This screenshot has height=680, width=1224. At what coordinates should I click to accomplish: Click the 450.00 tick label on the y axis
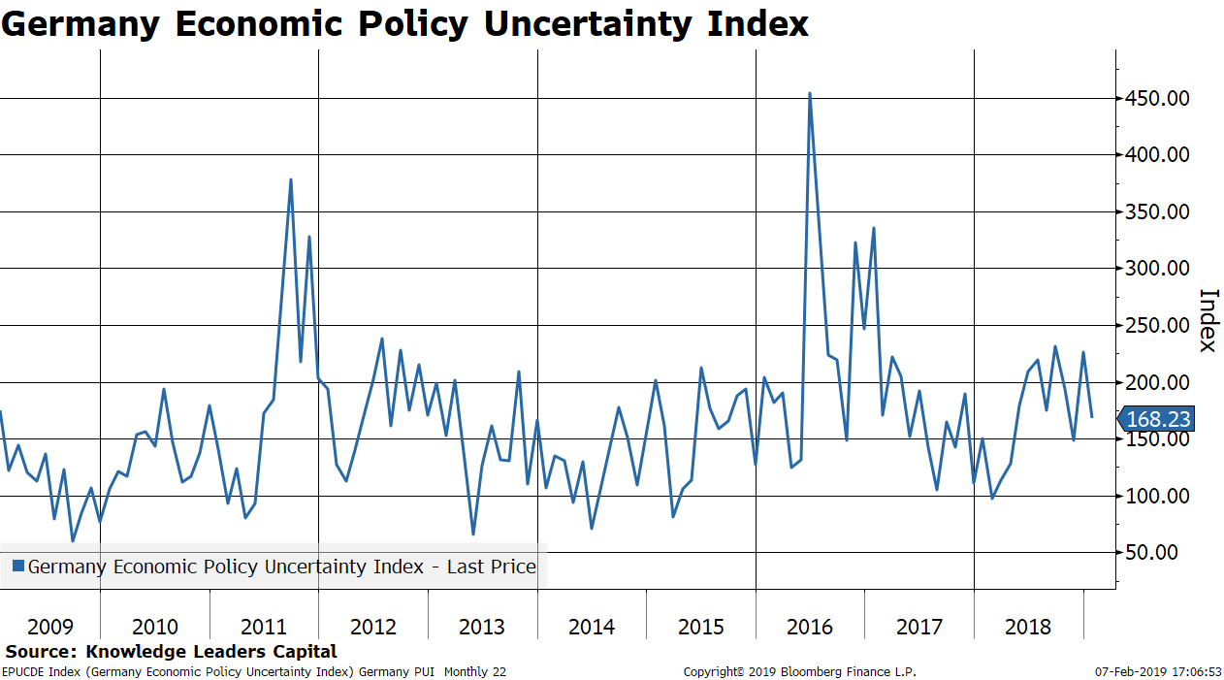click(1156, 98)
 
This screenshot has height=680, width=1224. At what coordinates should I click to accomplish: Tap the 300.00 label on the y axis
click(1156, 269)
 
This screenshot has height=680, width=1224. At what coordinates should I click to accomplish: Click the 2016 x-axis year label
click(810, 627)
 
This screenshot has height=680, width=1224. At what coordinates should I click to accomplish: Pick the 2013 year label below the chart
click(482, 627)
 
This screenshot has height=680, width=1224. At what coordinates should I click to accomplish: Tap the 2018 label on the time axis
click(1028, 627)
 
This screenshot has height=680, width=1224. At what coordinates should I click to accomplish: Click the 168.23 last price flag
click(1156, 419)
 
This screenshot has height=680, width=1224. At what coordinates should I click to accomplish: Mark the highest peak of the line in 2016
click(810, 93)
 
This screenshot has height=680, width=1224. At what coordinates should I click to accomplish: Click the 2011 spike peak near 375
click(291, 179)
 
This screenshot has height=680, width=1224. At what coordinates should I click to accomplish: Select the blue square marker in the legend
click(17, 567)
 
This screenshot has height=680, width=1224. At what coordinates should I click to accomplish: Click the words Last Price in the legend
click(491, 567)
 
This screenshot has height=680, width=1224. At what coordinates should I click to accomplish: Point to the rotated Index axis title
click(1208, 321)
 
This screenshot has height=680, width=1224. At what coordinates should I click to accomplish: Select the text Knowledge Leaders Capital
click(211, 652)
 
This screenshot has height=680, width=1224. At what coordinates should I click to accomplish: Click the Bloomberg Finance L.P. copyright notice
click(799, 671)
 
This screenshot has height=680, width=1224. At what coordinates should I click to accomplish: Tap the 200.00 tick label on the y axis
click(1156, 382)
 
